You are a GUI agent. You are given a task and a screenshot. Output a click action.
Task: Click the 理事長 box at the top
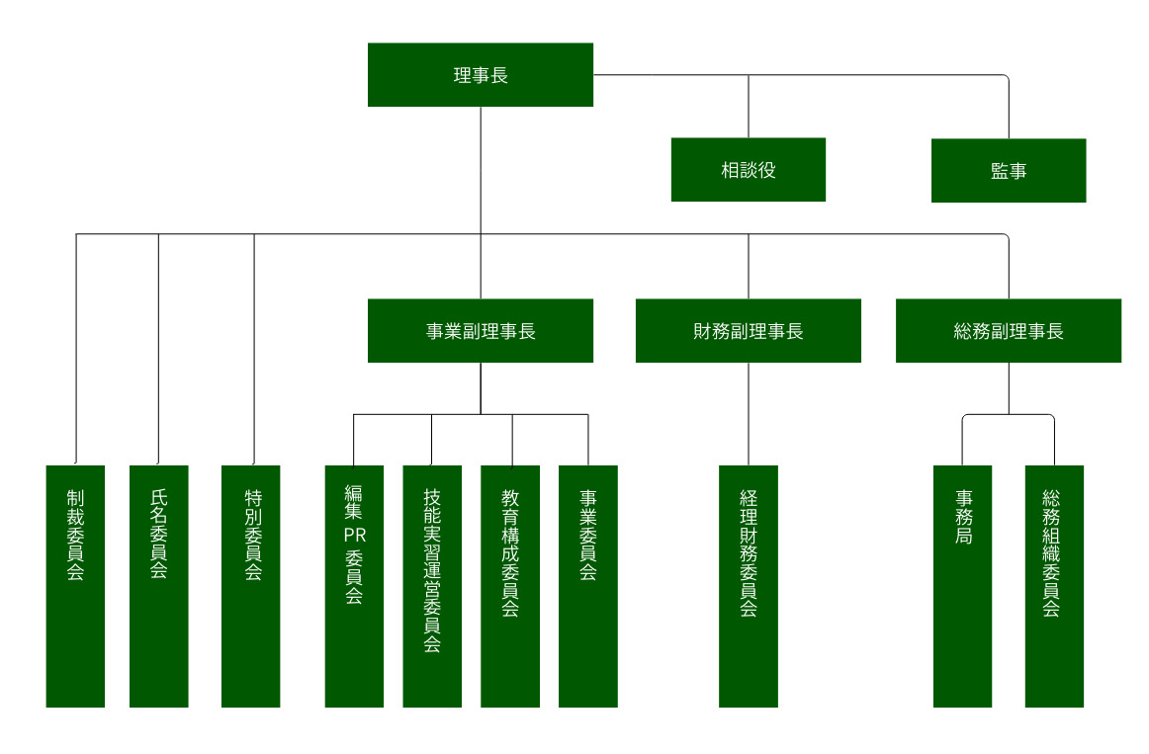(x=481, y=75)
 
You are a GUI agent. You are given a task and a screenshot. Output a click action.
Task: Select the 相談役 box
(x=748, y=170)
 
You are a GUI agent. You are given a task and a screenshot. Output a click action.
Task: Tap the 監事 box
(x=1008, y=171)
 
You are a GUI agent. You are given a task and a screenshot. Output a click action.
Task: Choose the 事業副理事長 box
(x=481, y=331)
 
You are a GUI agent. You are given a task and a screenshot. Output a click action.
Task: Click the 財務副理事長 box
(x=748, y=331)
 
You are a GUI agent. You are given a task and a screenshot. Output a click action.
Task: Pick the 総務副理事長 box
(x=1008, y=331)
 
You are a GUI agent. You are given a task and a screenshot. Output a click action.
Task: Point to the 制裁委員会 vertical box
(x=75, y=586)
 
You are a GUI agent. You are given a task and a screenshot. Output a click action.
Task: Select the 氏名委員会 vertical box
(x=158, y=586)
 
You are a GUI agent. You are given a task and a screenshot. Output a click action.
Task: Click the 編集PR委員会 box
(x=354, y=586)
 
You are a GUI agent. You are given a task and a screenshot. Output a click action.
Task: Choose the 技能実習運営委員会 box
(x=432, y=586)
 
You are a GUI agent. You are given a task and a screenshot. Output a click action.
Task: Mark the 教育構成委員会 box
(x=510, y=586)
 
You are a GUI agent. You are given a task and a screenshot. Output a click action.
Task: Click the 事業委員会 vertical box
(x=587, y=586)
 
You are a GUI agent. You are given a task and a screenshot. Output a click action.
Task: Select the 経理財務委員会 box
(x=748, y=586)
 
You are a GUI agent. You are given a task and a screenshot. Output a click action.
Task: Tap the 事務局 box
(x=962, y=586)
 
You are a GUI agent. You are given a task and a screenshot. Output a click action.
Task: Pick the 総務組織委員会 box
(x=1053, y=586)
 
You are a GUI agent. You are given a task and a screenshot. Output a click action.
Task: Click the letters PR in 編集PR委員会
(x=354, y=535)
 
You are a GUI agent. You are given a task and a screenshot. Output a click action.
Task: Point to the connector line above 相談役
(x=749, y=107)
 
